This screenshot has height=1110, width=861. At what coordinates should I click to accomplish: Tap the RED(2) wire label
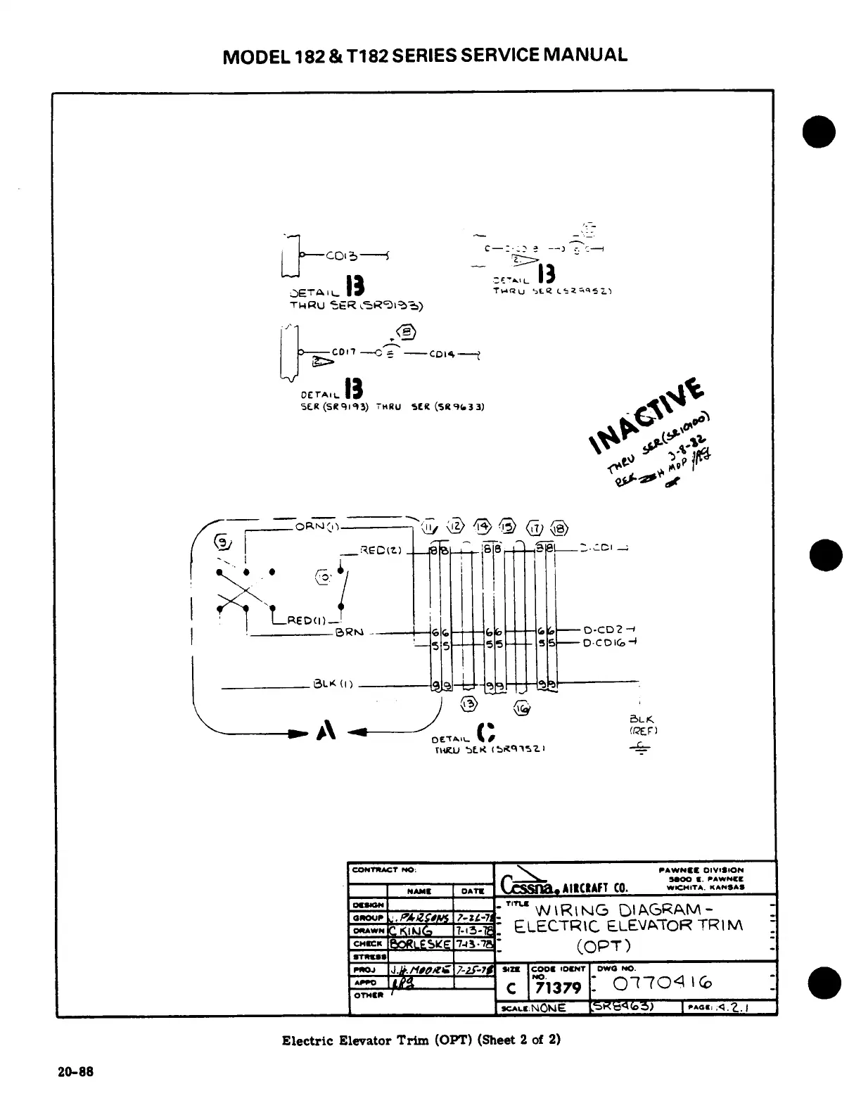[381, 550]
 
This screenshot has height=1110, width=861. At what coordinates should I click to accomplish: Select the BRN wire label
[350, 632]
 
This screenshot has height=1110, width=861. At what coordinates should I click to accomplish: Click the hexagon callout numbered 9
[222, 542]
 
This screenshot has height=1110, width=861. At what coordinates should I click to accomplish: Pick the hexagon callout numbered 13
[468, 705]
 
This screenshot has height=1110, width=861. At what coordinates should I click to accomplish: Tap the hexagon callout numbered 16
[523, 708]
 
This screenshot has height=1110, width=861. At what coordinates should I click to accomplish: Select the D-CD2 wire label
[601, 630]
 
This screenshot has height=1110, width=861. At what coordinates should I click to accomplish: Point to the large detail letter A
[325, 732]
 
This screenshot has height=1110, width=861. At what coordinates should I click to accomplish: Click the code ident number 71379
[558, 988]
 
